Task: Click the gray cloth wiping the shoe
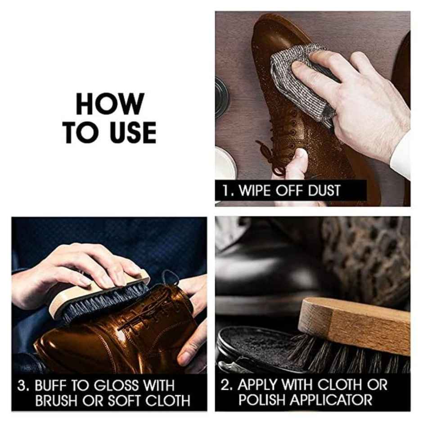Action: point(310,83)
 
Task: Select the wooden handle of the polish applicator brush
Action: point(355,324)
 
